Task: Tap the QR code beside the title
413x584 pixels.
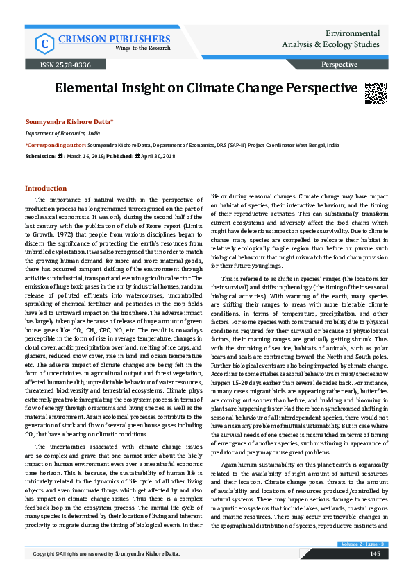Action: click(x=375, y=92)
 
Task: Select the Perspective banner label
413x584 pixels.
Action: click(x=339, y=65)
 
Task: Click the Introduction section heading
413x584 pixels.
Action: click(x=46, y=189)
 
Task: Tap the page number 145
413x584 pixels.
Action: click(x=374, y=573)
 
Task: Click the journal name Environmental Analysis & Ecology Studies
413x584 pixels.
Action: click(x=333, y=39)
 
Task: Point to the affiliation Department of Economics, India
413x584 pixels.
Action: click(x=62, y=132)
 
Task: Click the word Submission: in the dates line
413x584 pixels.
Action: click(x=40, y=156)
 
